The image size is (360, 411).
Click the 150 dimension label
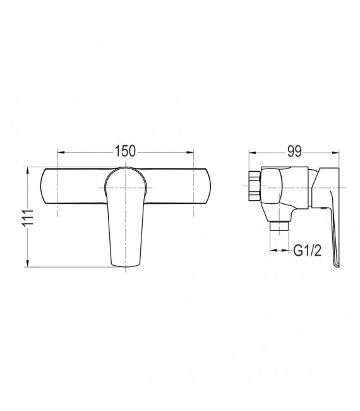point(125,152)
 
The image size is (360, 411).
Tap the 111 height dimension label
point(28,217)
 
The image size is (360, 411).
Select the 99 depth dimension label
point(294,152)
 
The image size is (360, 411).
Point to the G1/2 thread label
point(308,251)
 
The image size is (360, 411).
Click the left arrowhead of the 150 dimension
point(61,152)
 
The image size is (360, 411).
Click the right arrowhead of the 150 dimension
point(190,152)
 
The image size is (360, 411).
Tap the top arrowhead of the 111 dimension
point(28,170)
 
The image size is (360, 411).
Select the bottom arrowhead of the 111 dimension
point(28,263)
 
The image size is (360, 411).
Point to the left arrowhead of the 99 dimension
point(252,152)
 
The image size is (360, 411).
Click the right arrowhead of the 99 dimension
point(336,152)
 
